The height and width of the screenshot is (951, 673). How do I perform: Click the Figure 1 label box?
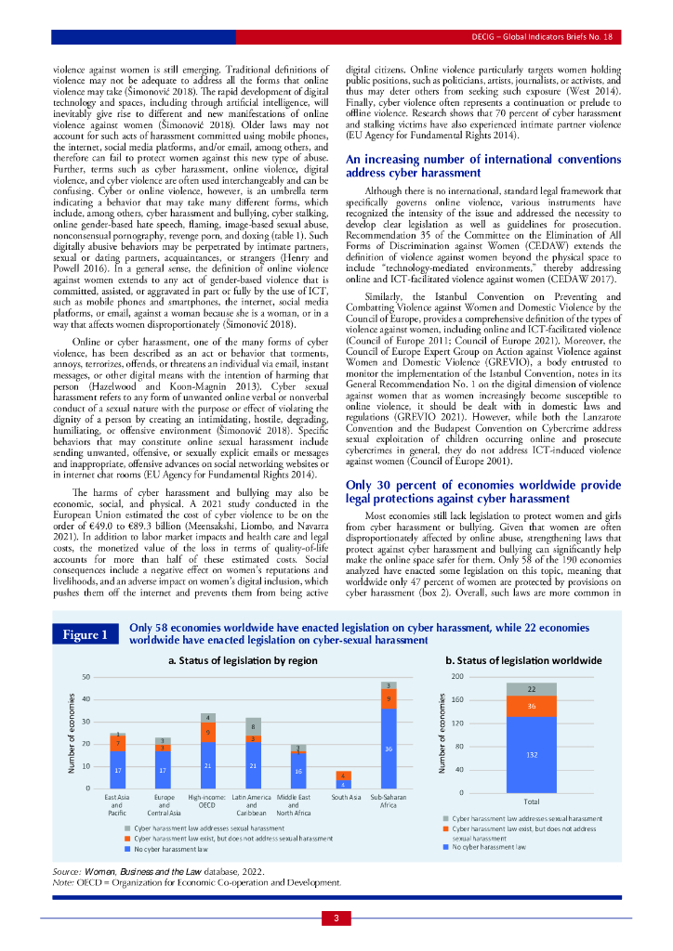coord(85,635)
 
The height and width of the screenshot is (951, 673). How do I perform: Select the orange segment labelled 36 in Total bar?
coord(532,706)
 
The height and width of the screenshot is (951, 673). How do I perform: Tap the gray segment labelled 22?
coord(532,689)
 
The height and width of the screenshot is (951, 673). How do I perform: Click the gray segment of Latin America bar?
coord(254,726)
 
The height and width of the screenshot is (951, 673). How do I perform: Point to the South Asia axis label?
coord(345,797)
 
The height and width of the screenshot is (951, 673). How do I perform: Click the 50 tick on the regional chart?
coord(86,676)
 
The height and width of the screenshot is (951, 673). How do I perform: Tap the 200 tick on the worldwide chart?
coord(456,677)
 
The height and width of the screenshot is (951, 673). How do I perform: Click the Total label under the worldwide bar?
coord(532,801)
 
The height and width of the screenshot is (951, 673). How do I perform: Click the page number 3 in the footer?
coord(336,918)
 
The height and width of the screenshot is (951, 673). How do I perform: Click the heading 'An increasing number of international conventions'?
coord(477,159)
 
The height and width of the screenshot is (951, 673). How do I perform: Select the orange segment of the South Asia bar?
coord(343,775)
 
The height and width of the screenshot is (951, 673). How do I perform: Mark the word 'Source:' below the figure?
coord(68,871)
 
